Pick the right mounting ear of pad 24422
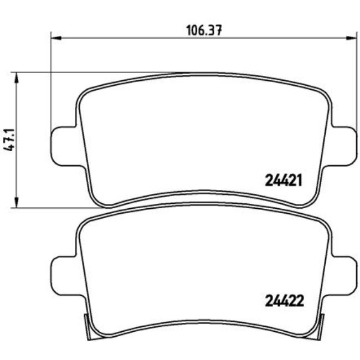(x=344, y=270)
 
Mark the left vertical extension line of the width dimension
(x=50, y=83)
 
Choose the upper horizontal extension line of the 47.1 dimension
(x=83, y=72)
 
